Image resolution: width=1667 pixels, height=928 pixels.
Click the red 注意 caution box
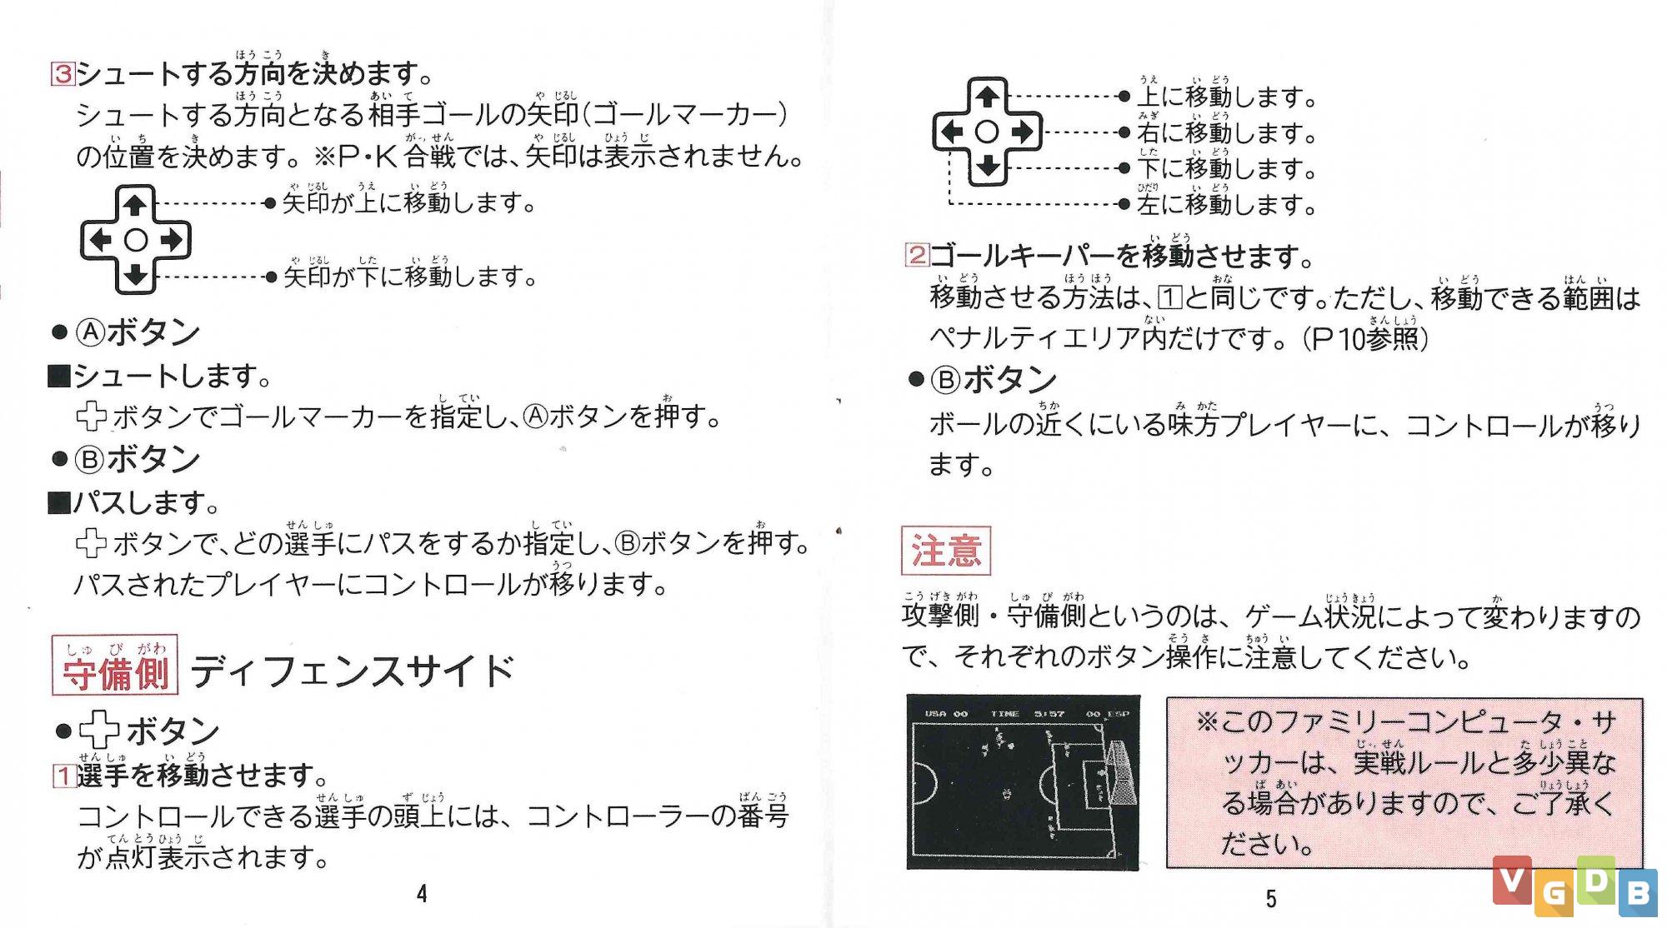tap(945, 551)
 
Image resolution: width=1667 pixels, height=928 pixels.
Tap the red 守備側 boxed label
tap(115, 665)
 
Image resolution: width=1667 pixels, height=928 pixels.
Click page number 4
tap(422, 894)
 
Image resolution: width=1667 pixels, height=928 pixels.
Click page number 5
tap(1270, 898)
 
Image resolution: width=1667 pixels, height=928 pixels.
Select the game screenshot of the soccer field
tap(1023, 782)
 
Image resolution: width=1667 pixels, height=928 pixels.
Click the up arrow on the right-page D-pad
tap(988, 96)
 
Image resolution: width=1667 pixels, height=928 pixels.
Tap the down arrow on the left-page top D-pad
tap(135, 275)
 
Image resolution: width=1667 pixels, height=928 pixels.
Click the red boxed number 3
tap(63, 73)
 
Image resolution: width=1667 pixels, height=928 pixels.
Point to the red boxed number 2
tap(917, 254)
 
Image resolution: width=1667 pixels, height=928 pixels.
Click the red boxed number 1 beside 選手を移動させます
tap(63, 776)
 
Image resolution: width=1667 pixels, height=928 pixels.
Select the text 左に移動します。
tap(1226, 203)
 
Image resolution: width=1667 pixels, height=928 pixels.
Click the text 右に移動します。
tap(1226, 132)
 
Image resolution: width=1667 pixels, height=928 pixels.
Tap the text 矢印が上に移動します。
tap(408, 202)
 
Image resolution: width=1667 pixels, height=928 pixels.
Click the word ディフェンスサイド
tap(353, 671)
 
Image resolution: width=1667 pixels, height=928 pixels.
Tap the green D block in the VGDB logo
tap(1595, 880)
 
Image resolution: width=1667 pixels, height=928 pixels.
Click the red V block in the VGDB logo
tap(1512, 880)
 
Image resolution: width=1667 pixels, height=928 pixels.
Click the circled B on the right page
tap(946, 380)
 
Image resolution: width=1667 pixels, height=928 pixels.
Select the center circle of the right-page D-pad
tap(987, 132)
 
